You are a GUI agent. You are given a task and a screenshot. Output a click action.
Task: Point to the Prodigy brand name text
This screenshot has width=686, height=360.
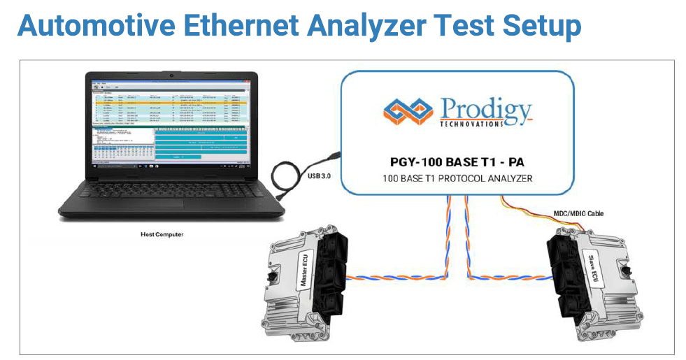[x=485, y=109]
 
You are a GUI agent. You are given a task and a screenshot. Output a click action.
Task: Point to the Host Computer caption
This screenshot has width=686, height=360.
[x=160, y=234]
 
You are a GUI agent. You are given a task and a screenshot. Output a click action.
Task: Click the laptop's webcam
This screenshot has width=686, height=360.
[x=171, y=73]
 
